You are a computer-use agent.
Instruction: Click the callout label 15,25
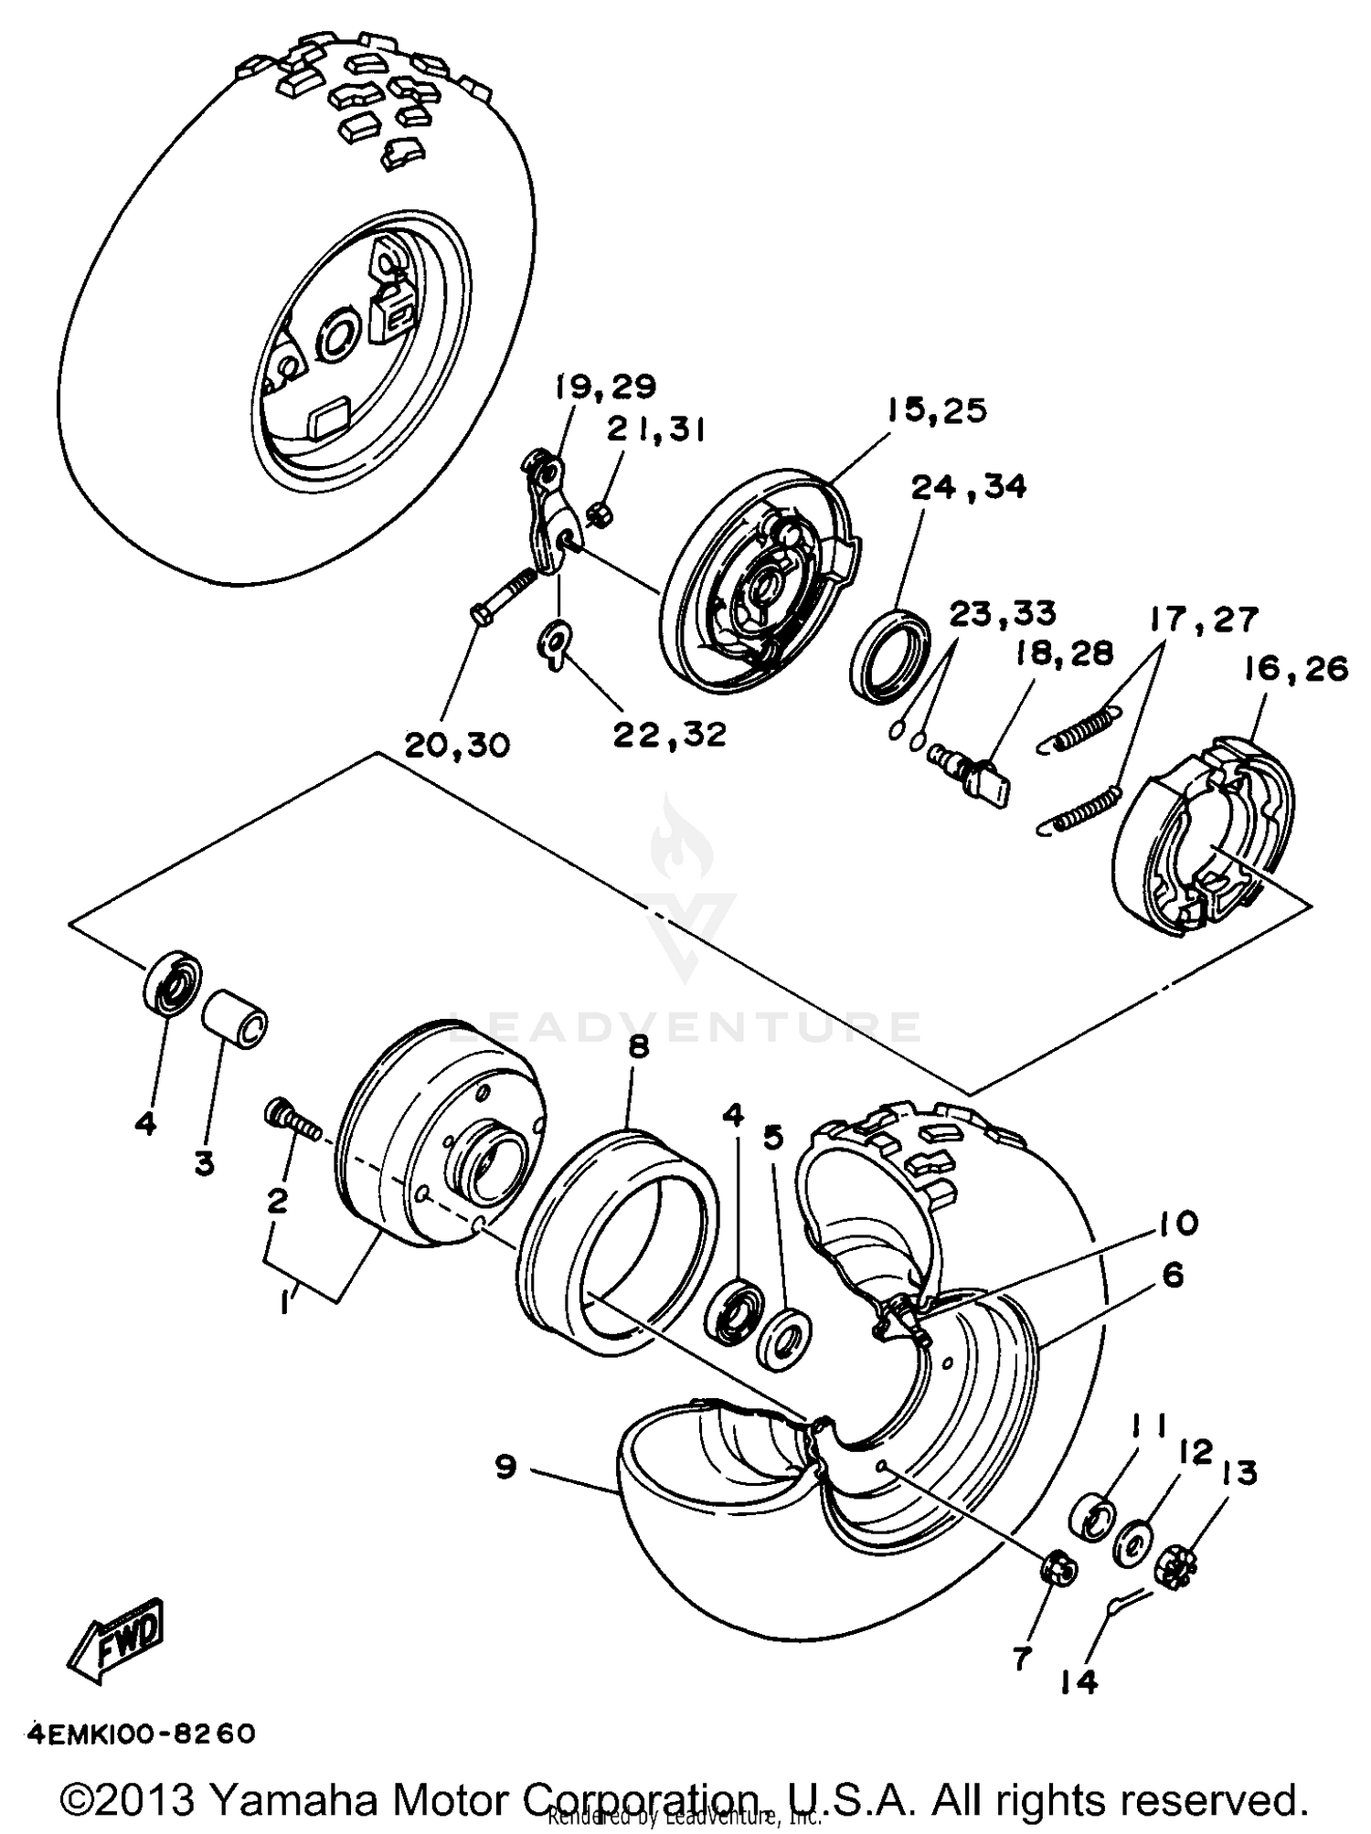point(936,411)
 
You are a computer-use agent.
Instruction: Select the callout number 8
point(637,1046)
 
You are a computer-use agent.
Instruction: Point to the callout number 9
point(505,1468)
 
